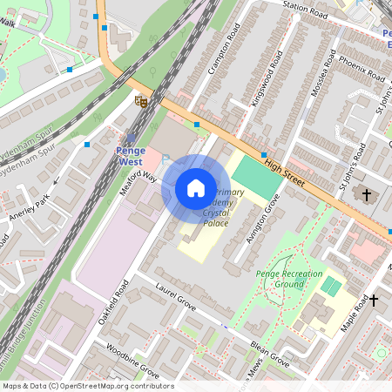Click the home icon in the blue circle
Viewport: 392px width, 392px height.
196,188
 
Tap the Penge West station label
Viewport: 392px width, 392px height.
130,155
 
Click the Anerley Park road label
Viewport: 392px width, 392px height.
29,209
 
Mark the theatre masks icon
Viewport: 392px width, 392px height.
140,101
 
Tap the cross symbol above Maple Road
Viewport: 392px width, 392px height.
374,301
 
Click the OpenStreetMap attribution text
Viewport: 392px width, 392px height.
87,386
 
